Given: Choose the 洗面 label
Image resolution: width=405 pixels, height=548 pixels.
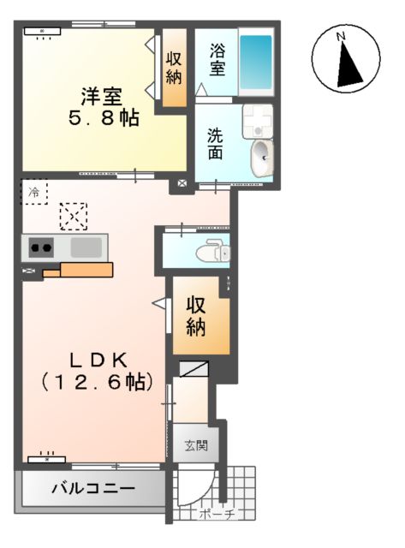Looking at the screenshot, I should [217, 142].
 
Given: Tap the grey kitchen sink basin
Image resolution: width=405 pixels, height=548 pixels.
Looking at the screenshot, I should [86, 249].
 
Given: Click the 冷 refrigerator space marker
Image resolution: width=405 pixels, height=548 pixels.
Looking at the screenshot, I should [34, 192].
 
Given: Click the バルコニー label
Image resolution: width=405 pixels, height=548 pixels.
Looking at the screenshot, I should [92, 491].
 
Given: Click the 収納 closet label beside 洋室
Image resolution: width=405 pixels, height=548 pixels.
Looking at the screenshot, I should [174, 68].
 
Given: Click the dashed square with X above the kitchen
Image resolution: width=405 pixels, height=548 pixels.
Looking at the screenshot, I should [73, 216].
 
